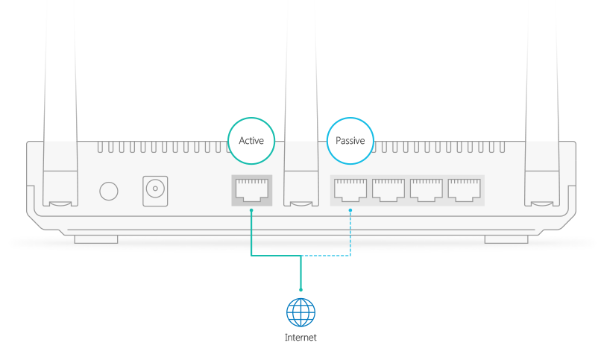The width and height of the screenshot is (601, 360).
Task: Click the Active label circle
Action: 251,140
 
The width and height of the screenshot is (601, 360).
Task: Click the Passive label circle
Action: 350,140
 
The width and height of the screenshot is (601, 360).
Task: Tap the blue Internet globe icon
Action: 300,312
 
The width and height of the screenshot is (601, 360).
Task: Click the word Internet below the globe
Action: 300,338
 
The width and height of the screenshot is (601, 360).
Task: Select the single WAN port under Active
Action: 251,191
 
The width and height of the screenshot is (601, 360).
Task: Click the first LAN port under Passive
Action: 350,190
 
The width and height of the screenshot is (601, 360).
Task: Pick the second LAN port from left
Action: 388,190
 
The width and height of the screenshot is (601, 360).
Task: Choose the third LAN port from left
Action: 426,190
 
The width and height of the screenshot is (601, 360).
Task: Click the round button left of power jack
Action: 109,191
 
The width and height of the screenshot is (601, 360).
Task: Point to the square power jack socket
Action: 155,191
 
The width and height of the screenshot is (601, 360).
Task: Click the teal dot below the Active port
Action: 251,210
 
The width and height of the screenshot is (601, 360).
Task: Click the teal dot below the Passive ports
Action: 350,210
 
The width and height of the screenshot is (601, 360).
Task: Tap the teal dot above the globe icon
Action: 300,289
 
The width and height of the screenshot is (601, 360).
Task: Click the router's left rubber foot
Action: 95,239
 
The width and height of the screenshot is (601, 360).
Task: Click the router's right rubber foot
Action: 505,239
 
